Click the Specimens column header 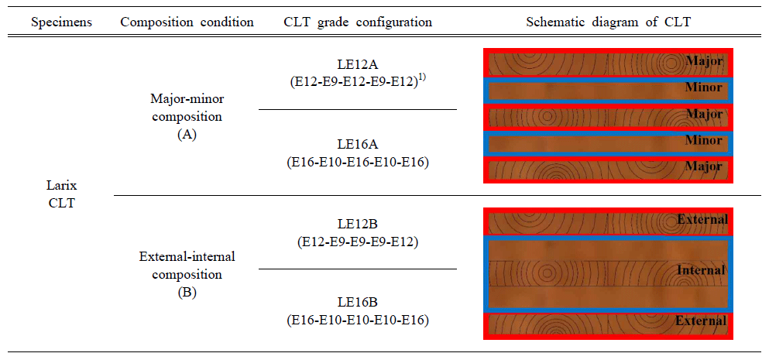pyautogui.click(x=62, y=22)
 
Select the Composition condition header pyautogui.click(x=187, y=22)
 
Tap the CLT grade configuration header pyautogui.click(x=358, y=22)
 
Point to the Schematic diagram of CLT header pyautogui.click(x=609, y=22)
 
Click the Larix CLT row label pyautogui.click(x=62, y=195)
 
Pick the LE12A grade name pyautogui.click(x=358, y=67)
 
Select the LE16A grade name pyautogui.click(x=358, y=146)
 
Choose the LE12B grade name pyautogui.click(x=358, y=225)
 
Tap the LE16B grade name pyautogui.click(x=358, y=304)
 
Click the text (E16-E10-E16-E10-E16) pyautogui.click(x=358, y=162)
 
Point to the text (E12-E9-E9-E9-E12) pyautogui.click(x=358, y=242)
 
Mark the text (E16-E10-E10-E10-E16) pyautogui.click(x=358, y=321)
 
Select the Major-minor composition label pyautogui.click(x=187, y=109)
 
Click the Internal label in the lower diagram pyautogui.click(x=700, y=270)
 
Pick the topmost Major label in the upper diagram pyautogui.click(x=705, y=62)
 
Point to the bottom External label pyautogui.click(x=700, y=321)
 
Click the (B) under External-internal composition pyautogui.click(x=187, y=293)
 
